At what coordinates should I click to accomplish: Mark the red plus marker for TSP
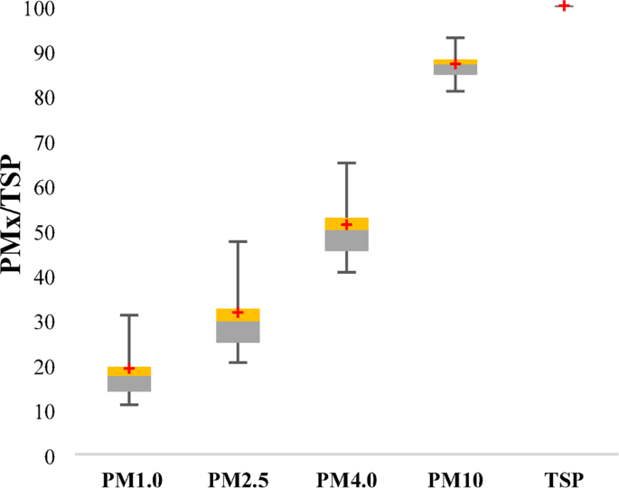point(564,5)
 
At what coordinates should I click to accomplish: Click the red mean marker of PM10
point(455,64)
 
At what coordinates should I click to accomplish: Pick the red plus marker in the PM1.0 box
point(129,369)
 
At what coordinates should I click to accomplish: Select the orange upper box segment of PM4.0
point(346,221)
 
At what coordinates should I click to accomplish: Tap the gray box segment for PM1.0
point(129,384)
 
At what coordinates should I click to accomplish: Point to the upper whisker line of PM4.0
point(346,190)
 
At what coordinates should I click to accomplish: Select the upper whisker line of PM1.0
point(129,340)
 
